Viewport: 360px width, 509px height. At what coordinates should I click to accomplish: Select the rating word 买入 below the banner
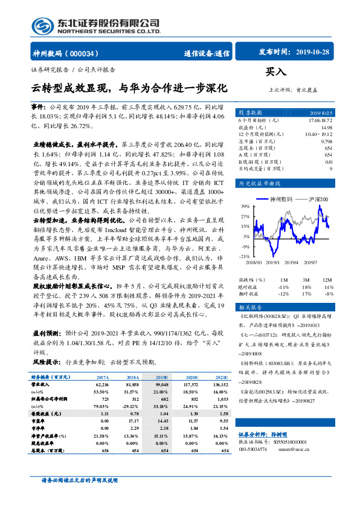275,72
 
